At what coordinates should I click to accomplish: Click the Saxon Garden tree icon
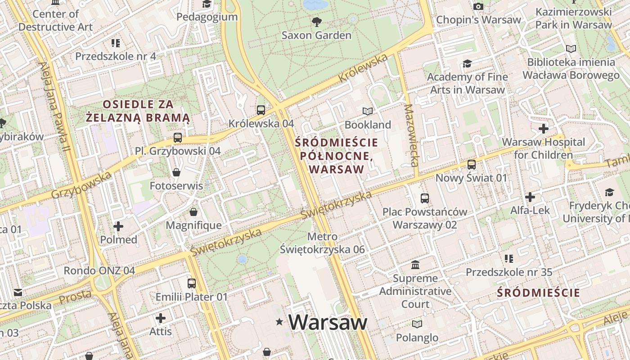coord(317,22)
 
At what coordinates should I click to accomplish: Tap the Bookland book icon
coord(368,111)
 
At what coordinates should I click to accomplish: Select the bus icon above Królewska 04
coord(261,110)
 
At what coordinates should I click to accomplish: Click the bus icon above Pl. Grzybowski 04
coord(178,138)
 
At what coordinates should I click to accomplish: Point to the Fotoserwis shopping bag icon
coord(176,172)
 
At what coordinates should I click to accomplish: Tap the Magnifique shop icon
coord(193,212)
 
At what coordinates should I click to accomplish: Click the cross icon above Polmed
coord(118,226)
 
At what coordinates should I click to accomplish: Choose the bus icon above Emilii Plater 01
coord(192,283)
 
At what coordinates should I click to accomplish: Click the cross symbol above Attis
coord(160,319)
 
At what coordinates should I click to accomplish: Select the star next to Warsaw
coord(279,322)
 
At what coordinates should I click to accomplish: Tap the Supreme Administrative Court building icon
coord(415,265)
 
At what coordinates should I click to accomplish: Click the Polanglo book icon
coord(417,324)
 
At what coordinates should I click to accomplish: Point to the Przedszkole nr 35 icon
coord(509,259)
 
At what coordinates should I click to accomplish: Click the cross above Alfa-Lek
coord(530,197)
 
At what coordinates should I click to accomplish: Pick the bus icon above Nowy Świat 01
coord(472,165)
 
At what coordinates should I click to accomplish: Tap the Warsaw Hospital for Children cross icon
coord(544,129)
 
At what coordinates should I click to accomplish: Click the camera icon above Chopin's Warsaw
coord(478,6)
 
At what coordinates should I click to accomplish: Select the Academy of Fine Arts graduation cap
coord(467,63)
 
